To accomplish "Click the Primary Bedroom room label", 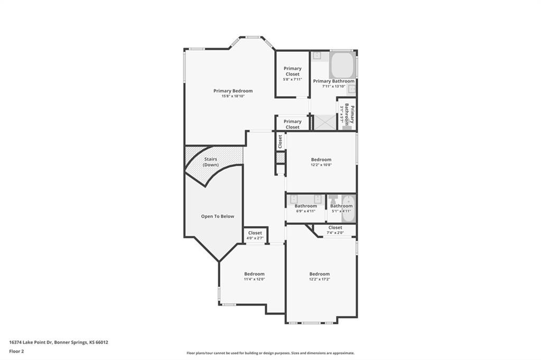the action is tap(233, 91).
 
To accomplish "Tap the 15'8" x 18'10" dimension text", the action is tap(233, 96).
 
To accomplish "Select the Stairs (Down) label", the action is tap(210, 162).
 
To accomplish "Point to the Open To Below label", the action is tap(217, 216).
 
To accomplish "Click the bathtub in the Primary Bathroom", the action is tap(342, 65).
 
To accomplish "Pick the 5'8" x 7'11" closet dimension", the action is tap(292, 79).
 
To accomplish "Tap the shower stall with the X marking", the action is tap(324, 122).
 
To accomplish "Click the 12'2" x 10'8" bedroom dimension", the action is tap(321, 165).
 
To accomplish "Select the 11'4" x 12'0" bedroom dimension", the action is tap(254, 279).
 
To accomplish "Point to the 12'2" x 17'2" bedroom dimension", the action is tap(320, 279).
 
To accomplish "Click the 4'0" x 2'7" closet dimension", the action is tap(255, 238).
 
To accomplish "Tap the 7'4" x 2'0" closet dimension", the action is tap(335, 233).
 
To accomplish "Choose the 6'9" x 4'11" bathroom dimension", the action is tap(306, 211).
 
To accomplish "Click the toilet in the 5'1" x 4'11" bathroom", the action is tap(333, 200).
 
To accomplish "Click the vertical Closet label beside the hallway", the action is tap(280, 141).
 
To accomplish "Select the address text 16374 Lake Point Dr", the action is tap(31, 343).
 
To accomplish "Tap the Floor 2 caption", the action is tap(16, 352).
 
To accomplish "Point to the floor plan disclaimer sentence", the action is tap(270, 353).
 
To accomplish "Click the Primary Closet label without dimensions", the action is tap(292, 124).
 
